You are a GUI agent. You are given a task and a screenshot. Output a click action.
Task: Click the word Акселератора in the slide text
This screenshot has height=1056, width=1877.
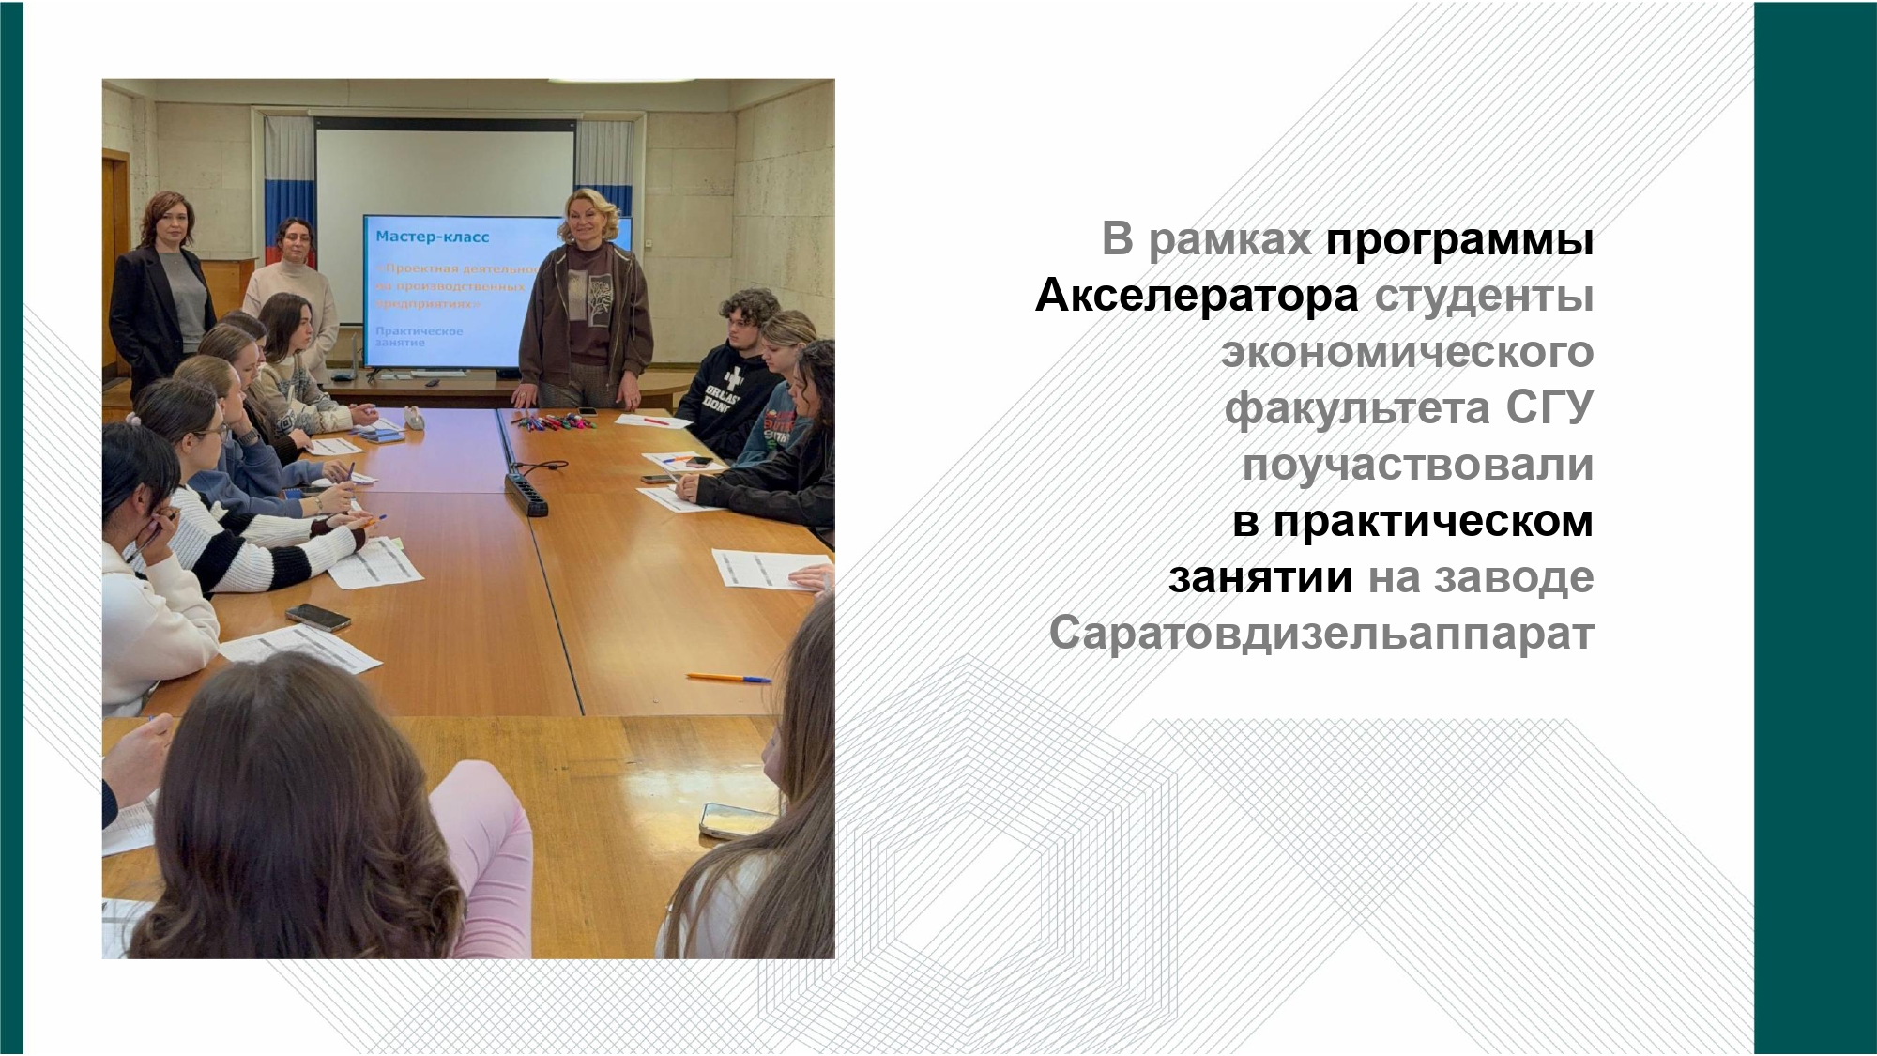1197,296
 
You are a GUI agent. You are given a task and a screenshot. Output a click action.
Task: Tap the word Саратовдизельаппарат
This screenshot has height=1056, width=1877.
1320,634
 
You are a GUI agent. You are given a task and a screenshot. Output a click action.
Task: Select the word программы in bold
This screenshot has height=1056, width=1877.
1459,240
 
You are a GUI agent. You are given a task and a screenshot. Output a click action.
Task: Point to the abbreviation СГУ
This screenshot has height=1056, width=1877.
1549,408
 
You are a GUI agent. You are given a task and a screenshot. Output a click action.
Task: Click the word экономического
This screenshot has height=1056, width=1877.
1407,353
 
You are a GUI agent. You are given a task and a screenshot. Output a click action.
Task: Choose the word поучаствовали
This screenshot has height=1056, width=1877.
1417,466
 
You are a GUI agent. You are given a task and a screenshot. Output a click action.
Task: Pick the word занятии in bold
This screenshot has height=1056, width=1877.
1259,578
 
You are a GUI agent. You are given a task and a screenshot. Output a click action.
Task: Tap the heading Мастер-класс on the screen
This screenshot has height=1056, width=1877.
432,237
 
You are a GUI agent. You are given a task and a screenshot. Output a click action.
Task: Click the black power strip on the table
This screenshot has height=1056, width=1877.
526,493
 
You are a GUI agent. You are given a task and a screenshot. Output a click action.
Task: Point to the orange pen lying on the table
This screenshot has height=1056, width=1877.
727,677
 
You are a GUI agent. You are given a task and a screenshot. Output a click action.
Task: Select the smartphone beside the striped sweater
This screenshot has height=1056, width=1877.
318,616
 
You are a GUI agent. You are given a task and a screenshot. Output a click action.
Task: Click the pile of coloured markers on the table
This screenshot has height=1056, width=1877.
554,421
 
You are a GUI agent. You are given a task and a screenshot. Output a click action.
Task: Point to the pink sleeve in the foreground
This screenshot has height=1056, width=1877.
488,845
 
